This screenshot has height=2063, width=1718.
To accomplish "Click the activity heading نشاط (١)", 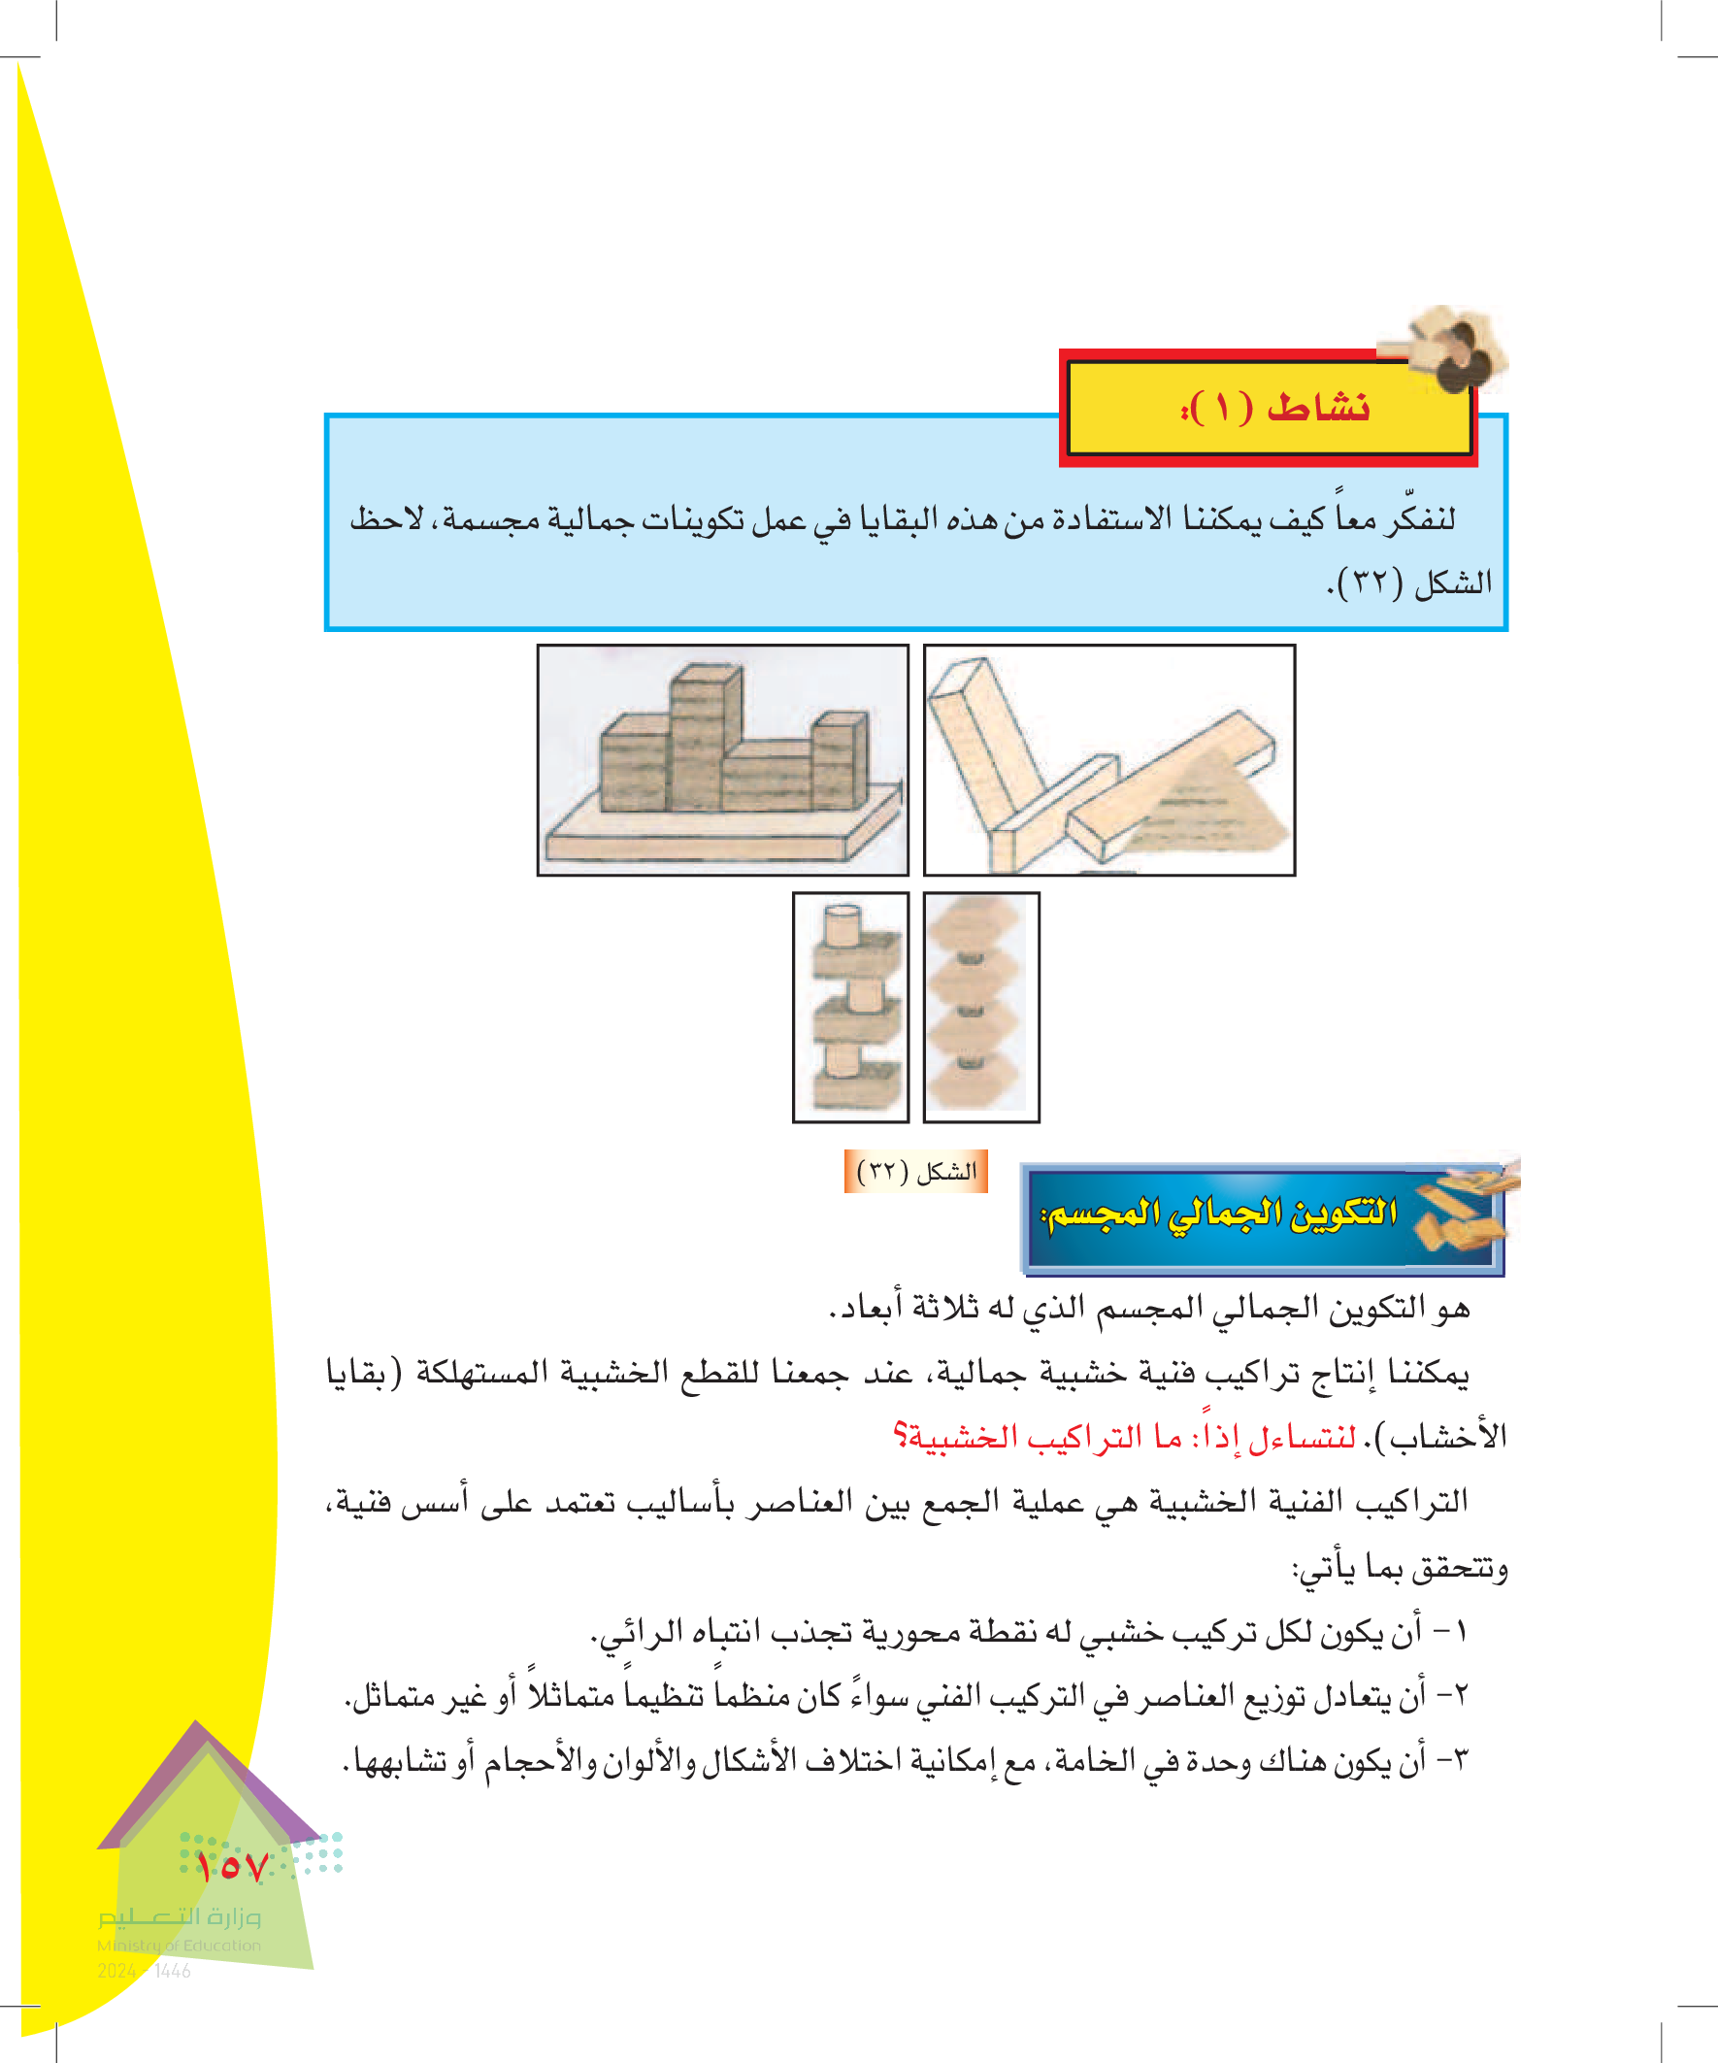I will coord(1275,407).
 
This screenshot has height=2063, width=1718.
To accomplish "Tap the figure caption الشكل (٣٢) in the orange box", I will coord(915,1171).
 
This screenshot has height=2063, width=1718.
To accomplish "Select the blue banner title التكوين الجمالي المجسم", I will coord(1219,1215).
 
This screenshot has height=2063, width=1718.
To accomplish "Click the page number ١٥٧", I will coord(231,1867).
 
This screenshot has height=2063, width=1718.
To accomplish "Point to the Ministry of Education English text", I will coord(179,1946).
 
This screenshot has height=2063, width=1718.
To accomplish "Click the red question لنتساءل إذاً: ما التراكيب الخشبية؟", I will coord(1125,1437).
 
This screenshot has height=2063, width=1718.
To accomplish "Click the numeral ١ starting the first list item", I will coord(1460,1632).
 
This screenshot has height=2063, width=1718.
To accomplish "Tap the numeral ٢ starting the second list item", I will coord(1460,1696).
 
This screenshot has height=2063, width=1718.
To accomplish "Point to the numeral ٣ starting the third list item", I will coord(1460,1759).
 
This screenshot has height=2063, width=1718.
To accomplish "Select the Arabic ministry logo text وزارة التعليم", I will coord(179,1916).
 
